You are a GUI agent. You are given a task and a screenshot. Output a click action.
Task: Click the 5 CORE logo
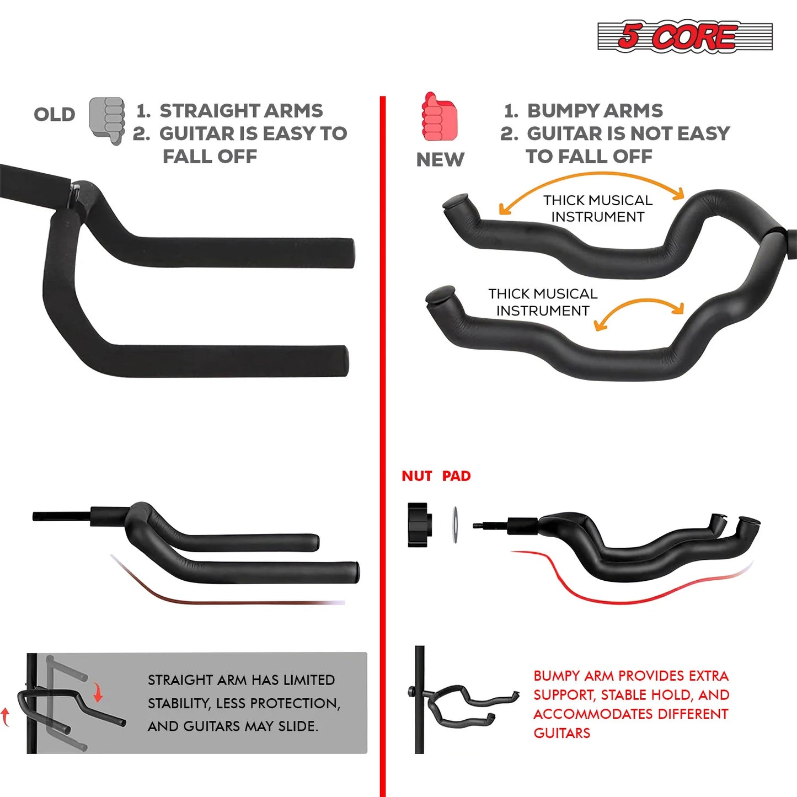coord(684,36)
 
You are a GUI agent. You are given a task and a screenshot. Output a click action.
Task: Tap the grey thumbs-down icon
coord(107,120)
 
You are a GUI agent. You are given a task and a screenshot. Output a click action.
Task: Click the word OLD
coord(54,114)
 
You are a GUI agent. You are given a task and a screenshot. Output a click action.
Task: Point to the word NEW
coord(440,159)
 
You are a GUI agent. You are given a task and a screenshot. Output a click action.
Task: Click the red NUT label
coord(416,476)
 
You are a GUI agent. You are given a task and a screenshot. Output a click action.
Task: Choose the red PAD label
coord(456,476)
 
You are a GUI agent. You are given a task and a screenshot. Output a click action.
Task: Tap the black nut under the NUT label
coord(419,525)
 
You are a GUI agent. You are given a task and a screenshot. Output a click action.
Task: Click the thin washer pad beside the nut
coord(455,525)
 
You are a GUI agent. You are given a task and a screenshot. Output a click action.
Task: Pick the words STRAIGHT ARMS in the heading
coord(241,110)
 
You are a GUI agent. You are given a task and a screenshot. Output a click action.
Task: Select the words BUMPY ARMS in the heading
coord(595,110)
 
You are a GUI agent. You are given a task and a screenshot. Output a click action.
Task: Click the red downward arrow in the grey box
coord(98,692)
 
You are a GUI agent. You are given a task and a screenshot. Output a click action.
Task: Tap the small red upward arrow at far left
coord(6,716)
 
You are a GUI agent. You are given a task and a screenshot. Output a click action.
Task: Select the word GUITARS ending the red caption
coord(561,733)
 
